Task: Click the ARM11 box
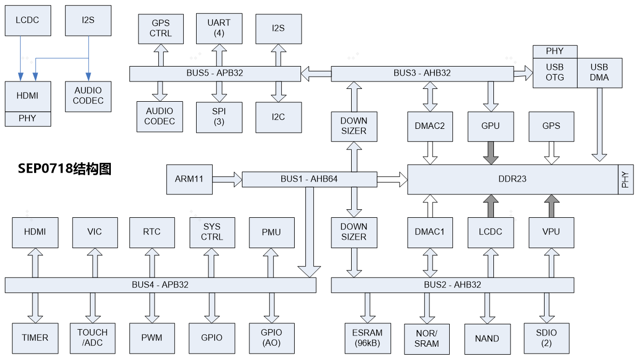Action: coord(189,179)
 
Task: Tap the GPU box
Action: coord(490,126)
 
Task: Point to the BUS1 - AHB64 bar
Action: coord(309,179)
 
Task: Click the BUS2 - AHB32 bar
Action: coord(452,285)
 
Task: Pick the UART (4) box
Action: coord(219,28)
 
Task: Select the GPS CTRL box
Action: coord(160,28)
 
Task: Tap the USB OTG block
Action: coord(555,73)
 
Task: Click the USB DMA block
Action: coord(599,73)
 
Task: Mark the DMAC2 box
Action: coord(429,126)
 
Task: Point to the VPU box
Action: coord(551,232)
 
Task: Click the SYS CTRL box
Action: coord(212,232)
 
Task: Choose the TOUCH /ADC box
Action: coord(92,338)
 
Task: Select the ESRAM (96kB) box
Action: coord(368,338)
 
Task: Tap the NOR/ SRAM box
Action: coord(426,339)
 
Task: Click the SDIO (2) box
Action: coord(546,338)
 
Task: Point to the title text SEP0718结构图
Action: coord(64,169)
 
